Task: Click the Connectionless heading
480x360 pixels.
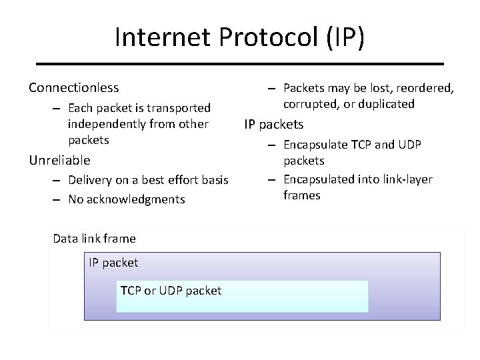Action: pos(73,87)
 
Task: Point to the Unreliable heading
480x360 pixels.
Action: pos(59,160)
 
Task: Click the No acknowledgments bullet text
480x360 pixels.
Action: pos(126,199)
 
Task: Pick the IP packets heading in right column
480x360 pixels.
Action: pos(274,124)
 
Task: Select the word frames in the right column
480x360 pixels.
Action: pos(301,195)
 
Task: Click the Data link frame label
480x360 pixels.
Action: pos(94,239)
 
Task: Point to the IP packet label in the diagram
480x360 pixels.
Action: pos(113,263)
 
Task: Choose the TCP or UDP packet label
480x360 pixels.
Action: pos(171,290)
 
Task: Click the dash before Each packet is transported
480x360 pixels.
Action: pos(58,109)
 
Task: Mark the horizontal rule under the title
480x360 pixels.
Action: pos(239,63)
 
